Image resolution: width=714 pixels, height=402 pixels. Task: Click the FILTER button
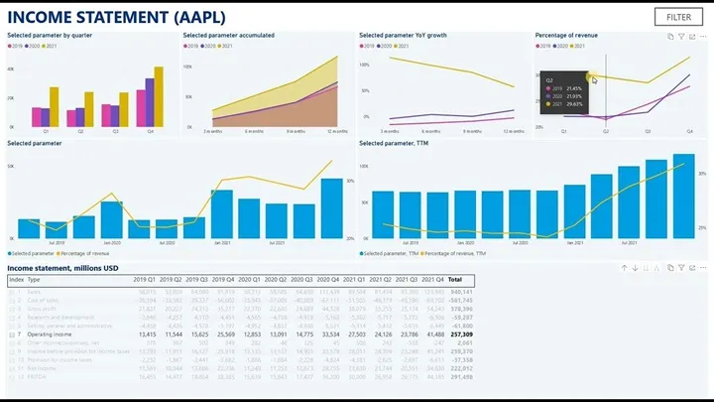(x=678, y=17)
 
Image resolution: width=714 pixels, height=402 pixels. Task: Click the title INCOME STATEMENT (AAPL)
(x=116, y=16)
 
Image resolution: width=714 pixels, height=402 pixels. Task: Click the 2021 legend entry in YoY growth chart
(x=404, y=46)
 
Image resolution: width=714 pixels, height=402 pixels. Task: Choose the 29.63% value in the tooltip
(x=574, y=103)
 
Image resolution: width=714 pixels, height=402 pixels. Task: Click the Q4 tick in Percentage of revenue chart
(x=690, y=131)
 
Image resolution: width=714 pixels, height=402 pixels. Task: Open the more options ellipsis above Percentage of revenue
(x=703, y=36)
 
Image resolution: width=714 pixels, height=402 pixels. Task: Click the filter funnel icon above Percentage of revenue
(x=681, y=36)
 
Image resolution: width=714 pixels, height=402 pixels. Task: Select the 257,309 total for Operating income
(x=461, y=335)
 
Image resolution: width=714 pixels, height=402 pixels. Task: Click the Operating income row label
(x=51, y=335)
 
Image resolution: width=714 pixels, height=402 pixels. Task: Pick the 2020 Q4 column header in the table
(x=327, y=280)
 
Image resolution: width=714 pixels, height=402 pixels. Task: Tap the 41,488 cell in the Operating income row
(x=433, y=335)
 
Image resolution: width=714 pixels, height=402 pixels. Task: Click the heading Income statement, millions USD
(x=63, y=268)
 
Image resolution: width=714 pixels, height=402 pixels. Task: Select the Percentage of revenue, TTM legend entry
(x=454, y=254)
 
